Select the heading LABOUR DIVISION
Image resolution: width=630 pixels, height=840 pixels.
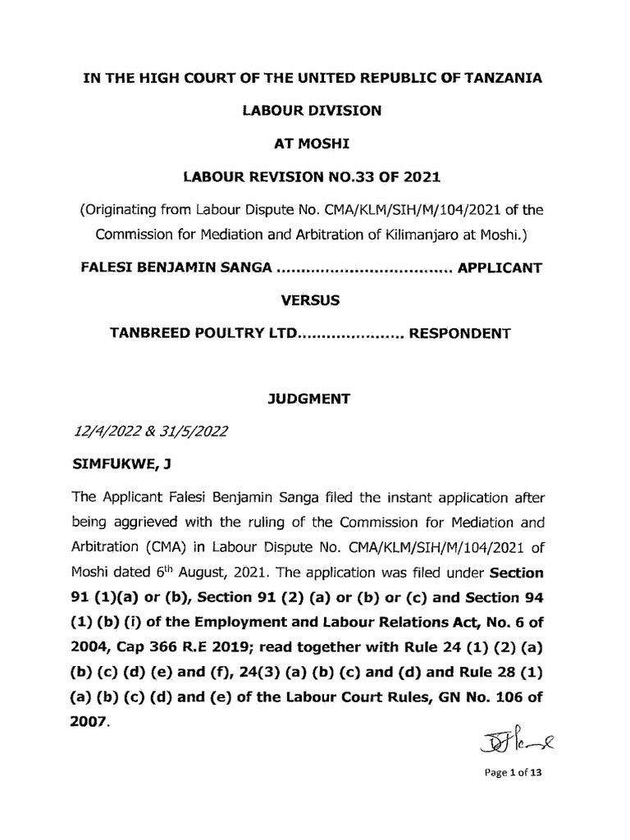(315, 111)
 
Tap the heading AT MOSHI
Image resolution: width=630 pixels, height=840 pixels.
(315, 144)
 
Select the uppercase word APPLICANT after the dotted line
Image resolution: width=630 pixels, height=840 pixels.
(500, 267)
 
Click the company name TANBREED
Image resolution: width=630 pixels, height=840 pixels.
(151, 333)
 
